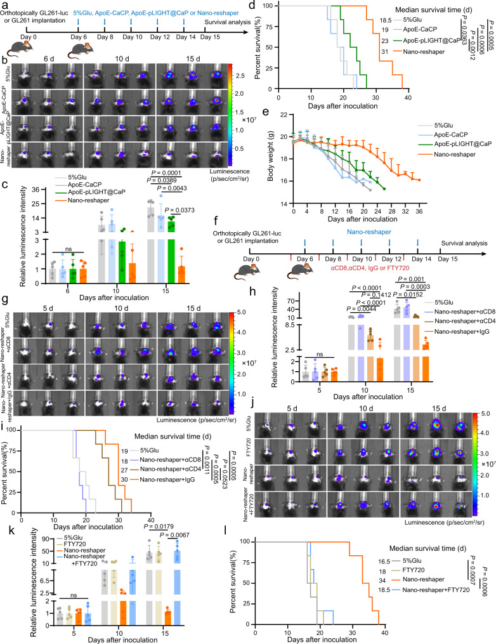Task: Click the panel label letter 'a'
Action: click(x=5, y=6)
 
